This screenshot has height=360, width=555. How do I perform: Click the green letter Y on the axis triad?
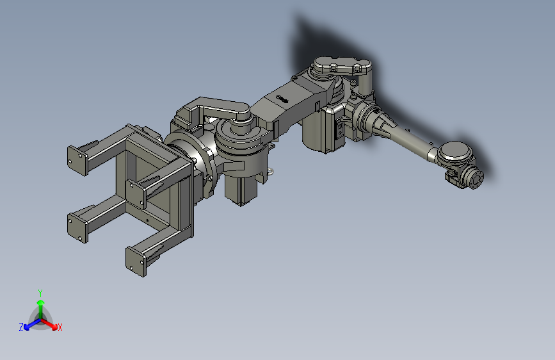40,293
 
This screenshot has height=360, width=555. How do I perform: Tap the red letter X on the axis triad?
60,327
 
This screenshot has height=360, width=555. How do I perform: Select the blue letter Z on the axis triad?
21,327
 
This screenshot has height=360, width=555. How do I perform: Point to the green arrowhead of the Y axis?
41,303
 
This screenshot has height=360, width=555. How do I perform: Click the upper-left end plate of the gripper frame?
77,161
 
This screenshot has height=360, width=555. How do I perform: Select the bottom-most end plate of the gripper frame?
136,262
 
